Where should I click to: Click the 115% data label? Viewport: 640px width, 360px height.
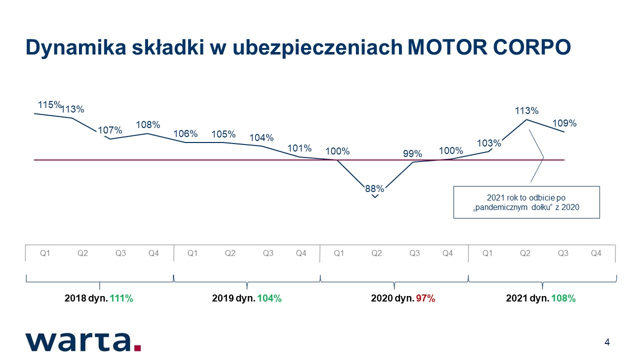(49, 105)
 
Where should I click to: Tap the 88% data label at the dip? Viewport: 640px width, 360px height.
(374, 188)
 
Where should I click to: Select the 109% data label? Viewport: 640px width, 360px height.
(564, 123)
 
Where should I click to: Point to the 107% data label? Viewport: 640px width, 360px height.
(110, 130)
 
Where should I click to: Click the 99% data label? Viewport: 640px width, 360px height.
(412, 153)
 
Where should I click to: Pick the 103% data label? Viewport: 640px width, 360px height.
(489, 143)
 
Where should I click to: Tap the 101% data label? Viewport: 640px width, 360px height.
(299, 148)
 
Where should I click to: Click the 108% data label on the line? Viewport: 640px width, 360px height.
(148, 124)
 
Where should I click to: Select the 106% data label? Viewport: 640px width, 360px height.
(185, 133)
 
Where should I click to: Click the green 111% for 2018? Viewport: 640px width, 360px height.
(121, 298)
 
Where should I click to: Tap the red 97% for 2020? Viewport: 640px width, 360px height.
(425, 298)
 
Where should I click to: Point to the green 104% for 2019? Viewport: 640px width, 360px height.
(269, 298)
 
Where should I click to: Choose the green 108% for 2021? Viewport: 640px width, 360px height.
(563, 298)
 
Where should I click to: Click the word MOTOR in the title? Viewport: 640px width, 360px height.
(447, 47)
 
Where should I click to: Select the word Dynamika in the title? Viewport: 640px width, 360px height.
(76, 48)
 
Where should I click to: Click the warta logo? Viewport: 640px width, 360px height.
(83, 342)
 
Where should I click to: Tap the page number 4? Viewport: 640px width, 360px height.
(607, 342)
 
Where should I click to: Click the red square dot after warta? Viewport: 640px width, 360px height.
(137, 347)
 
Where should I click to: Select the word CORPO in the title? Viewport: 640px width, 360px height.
(532, 47)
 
